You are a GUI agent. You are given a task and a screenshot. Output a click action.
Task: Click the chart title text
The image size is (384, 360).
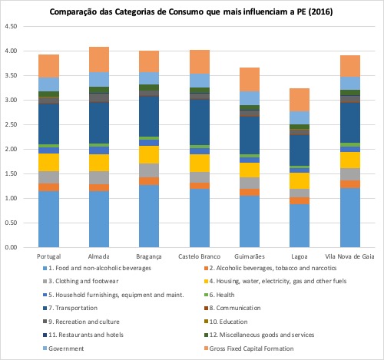click(x=191, y=12)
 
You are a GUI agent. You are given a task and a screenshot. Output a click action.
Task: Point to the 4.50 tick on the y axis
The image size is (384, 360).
click(x=11, y=26)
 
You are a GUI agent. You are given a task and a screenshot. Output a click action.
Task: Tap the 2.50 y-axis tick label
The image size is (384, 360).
click(x=11, y=124)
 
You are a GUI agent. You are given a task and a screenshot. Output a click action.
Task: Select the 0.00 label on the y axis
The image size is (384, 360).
click(x=11, y=247)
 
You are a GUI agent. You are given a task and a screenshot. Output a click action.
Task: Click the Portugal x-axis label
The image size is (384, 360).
click(x=48, y=256)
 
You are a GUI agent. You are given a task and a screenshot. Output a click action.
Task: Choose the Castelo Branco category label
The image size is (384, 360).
click(x=200, y=256)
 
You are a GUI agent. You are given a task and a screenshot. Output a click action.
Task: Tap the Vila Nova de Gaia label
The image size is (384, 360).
click(x=349, y=256)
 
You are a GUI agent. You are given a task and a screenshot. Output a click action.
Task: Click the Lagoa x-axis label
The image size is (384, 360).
click(x=300, y=256)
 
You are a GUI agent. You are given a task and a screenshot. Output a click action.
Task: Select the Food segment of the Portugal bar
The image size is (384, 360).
click(x=48, y=219)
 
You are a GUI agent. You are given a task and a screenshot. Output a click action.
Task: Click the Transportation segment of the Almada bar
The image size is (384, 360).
click(x=99, y=123)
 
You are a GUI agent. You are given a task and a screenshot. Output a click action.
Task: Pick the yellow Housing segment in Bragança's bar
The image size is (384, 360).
click(x=149, y=154)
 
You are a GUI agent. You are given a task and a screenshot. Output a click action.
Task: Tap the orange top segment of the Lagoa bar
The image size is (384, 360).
click(x=300, y=100)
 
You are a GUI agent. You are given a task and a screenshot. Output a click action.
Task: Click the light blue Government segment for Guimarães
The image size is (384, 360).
click(x=250, y=98)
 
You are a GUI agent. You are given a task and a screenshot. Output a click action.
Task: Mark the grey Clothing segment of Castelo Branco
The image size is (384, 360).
click(x=200, y=177)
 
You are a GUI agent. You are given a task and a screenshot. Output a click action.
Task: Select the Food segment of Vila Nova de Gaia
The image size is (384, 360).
click(x=350, y=218)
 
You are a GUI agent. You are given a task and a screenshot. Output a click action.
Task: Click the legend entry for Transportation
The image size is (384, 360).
click(x=71, y=308)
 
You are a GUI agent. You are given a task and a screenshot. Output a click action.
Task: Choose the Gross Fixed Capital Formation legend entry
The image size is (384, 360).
click(x=249, y=348)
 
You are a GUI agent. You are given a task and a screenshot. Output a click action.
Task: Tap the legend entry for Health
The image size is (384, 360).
click(x=219, y=295)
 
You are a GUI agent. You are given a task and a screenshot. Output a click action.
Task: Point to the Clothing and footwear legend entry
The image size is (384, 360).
click(x=81, y=281)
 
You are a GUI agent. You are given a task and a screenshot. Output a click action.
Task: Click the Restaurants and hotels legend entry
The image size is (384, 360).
click(x=83, y=335)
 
